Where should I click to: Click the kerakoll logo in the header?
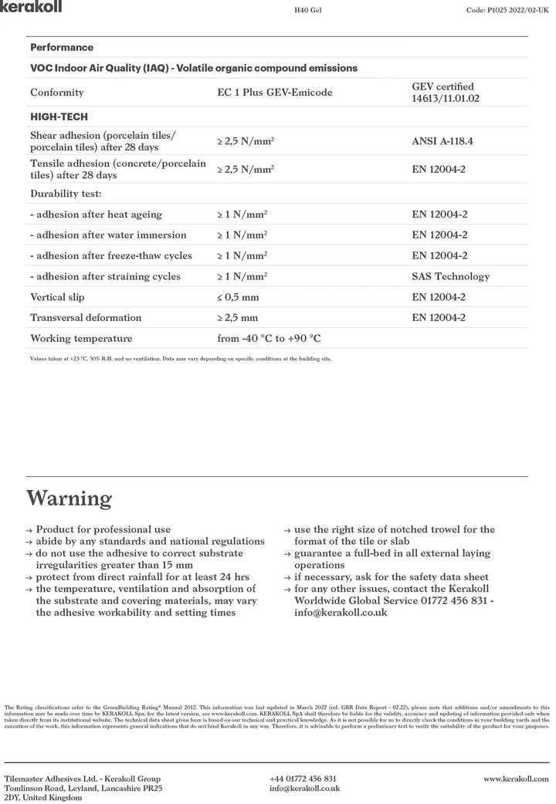pyautogui.click(x=32, y=7)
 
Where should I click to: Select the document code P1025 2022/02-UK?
pyautogui.click(x=507, y=12)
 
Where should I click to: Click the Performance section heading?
pyautogui.click(x=62, y=47)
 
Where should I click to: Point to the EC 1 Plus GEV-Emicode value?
pyautogui.click(x=275, y=93)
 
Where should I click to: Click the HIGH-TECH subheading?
pyautogui.click(x=59, y=117)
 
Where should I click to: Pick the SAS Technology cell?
pyautogui.click(x=450, y=276)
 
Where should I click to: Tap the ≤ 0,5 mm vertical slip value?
pyautogui.click(x=238, y=297)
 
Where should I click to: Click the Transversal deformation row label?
pyautogui.click(x=86, y=318)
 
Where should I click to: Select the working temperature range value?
pyautogui.click(x=269, y=339)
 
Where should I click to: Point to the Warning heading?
pyautogui.click(x=69, y=498)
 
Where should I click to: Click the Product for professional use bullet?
pyautogui.click(x=103, y=530)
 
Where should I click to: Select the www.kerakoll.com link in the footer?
pyautogui.click(x=516, y=779)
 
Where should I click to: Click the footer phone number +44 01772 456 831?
pyautogui.click(x=303, y=779)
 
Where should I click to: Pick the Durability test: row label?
pyautogui.click(x=66, y=194)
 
